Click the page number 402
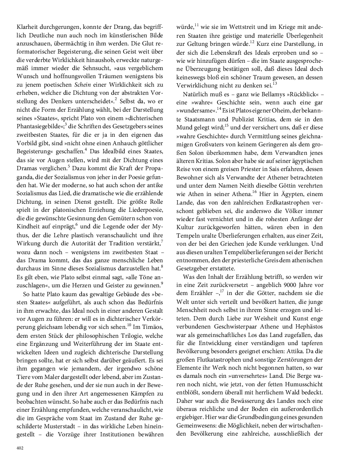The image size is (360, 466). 20,448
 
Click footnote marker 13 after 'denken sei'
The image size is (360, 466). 275,83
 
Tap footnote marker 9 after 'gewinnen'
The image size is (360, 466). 162,283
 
